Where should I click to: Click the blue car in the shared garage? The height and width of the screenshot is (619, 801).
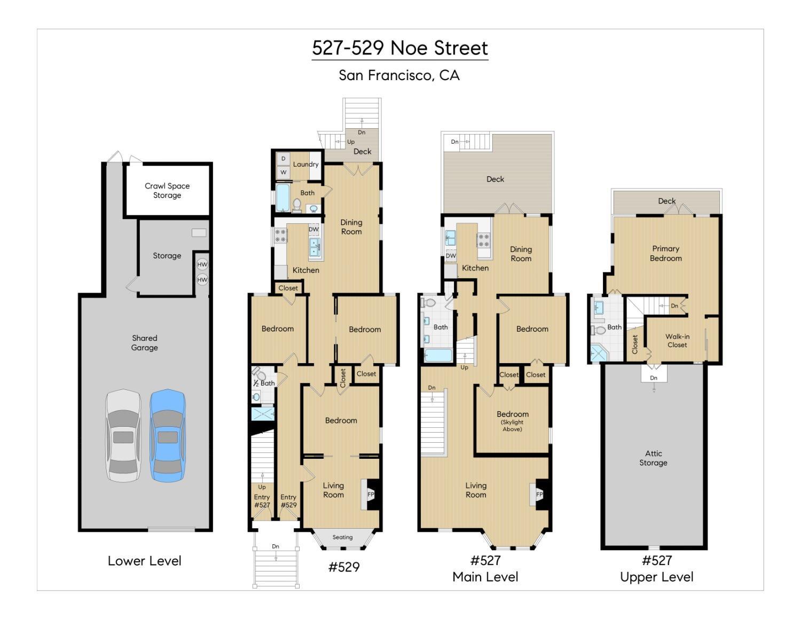coord(168,435)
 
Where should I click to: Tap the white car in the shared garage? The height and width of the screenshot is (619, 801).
coord(123,435)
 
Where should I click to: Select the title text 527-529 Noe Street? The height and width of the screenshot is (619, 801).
coord(400,48)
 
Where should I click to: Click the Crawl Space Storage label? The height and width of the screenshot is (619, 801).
coord(167,191)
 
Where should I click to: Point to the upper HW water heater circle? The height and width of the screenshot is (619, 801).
coord(202,264)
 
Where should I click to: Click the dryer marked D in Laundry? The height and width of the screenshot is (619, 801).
coord(284,159)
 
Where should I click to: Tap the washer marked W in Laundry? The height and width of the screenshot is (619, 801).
coord(284,172)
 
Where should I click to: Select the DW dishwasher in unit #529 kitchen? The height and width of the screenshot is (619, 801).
coord(313,229)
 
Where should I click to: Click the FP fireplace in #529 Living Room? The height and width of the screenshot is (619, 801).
coord(370,495)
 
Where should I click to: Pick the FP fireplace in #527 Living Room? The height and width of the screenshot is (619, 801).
coord(539,495)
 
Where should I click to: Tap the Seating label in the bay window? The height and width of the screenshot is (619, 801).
coord(342,537)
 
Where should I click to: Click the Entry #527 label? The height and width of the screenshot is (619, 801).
coord(262,501)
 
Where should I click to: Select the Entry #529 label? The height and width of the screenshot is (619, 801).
coord(288,501)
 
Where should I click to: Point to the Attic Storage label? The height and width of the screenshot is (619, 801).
coord(653,458)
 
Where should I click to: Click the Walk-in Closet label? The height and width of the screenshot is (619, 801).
coord(677,341)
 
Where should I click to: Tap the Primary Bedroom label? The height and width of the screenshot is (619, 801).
coord(665,253)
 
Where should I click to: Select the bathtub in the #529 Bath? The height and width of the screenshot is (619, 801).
coord(282,198)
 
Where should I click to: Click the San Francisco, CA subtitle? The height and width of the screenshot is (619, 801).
coord(399,75)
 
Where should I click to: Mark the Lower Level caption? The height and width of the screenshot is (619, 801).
coord(145,561)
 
